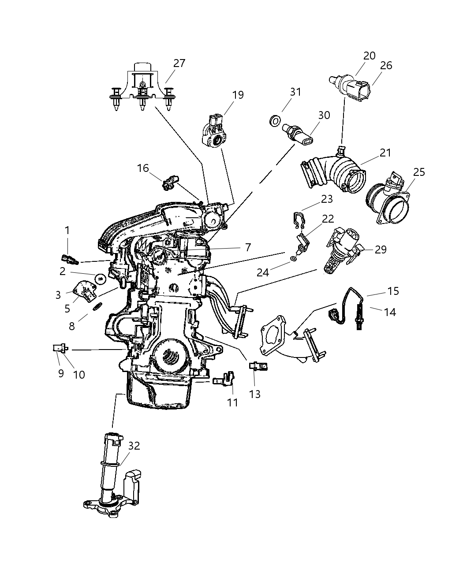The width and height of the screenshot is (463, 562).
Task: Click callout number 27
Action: (x=179, y=63)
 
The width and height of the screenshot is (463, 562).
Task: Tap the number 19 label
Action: (x=238, y=95)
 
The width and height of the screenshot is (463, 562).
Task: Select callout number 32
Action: (x=134, y=446)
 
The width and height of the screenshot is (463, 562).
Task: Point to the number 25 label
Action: (x=419, y=172)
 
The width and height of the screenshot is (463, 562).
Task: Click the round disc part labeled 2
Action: (x=101, y=278)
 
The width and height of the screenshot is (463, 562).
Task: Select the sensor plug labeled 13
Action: (x=258, y=365)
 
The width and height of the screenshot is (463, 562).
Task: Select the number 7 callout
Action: (x=248, y=247)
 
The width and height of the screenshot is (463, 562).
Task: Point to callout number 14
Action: (x=390, y=312)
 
